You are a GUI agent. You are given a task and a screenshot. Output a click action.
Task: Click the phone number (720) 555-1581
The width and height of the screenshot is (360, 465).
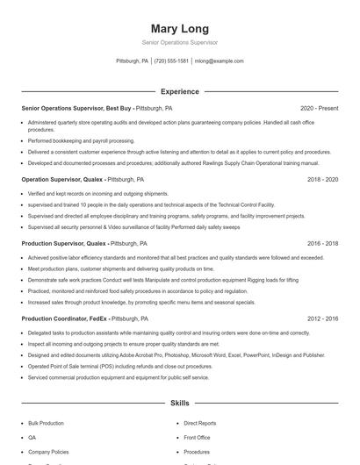point(171,61)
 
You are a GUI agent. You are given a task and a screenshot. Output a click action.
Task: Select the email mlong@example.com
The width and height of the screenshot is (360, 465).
point(220,61)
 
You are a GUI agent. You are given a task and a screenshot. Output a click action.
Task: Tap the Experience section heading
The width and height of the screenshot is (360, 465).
point(179,91)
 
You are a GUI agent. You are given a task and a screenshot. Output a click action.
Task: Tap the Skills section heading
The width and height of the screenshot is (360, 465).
point(179,404)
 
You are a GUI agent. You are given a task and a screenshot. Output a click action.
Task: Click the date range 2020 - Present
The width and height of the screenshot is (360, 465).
point(319,108)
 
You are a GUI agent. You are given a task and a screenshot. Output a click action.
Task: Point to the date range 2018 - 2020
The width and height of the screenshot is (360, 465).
point(322,179)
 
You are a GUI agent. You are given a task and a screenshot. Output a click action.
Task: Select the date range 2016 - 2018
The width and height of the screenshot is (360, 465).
point(322,243)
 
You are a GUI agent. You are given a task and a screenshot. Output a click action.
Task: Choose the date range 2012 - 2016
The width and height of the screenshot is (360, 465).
point(322,318)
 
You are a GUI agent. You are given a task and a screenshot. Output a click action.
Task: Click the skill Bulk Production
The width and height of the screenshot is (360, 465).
point(46,423)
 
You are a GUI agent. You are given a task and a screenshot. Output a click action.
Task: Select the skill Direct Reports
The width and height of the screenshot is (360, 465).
point(200,423)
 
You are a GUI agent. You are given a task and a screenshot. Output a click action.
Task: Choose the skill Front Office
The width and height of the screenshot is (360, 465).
point(197,437)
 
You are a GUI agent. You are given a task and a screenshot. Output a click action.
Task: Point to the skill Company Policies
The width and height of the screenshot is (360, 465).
point(47,451)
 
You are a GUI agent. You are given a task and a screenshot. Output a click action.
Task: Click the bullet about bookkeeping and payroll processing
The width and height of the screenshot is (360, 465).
point(81,140)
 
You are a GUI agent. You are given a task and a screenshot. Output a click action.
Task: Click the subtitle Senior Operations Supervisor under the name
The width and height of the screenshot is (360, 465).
point(179,42)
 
